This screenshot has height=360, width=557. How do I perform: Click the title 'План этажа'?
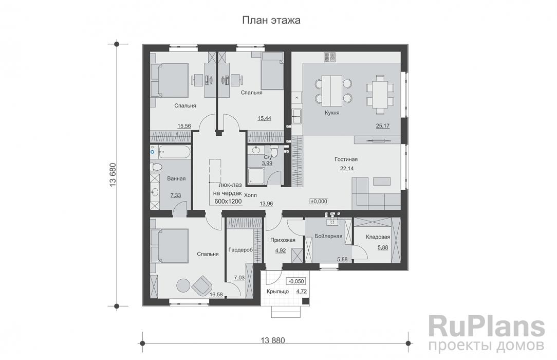tap(271, 21)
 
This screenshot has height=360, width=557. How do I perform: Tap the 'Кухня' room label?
tap(331, 113)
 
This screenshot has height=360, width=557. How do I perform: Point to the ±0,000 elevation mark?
tap(319, 201)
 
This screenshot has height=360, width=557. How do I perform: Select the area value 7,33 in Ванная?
tap(175, 195)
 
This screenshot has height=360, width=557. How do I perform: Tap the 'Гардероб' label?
tap(239, 250)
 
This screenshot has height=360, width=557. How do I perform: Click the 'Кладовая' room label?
tap(378, 237)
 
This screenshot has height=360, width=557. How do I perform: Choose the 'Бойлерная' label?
tap(328, 236)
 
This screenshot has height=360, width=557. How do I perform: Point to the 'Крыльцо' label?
tap(277, 292)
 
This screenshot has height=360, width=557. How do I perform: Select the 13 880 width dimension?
tap(273, 340)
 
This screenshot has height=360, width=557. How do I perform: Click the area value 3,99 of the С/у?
tap(267, 163)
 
